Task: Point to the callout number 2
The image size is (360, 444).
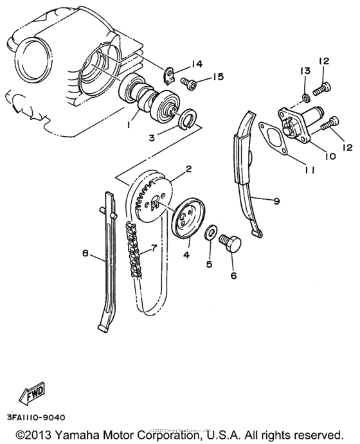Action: pos(189,170)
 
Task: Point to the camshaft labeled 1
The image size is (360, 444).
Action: pos(153,100)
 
